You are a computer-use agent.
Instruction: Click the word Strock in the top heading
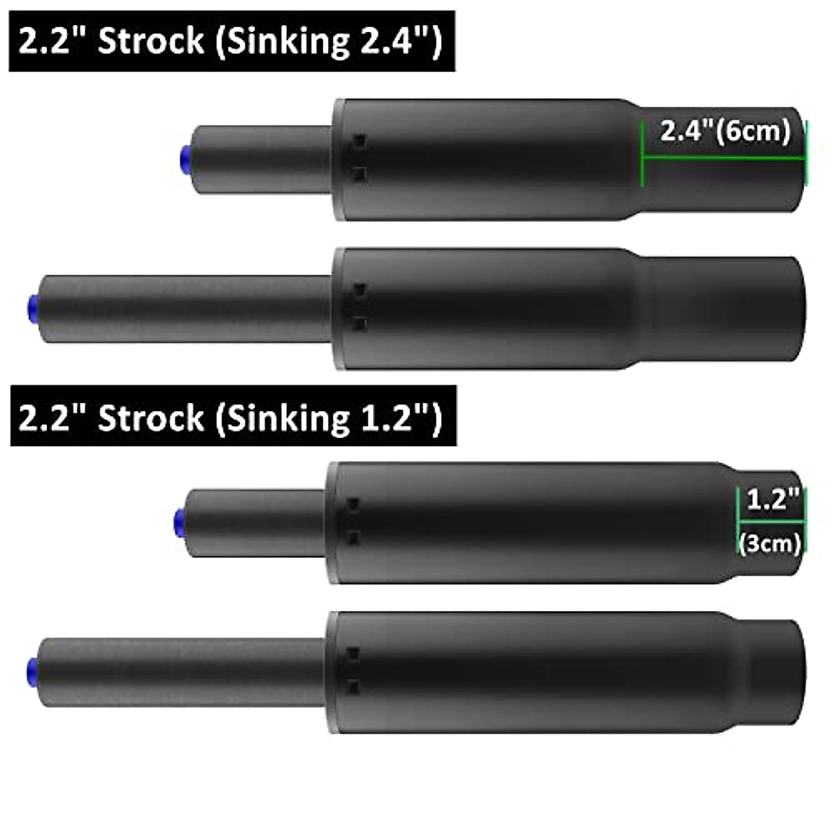click(x=150, y=41)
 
